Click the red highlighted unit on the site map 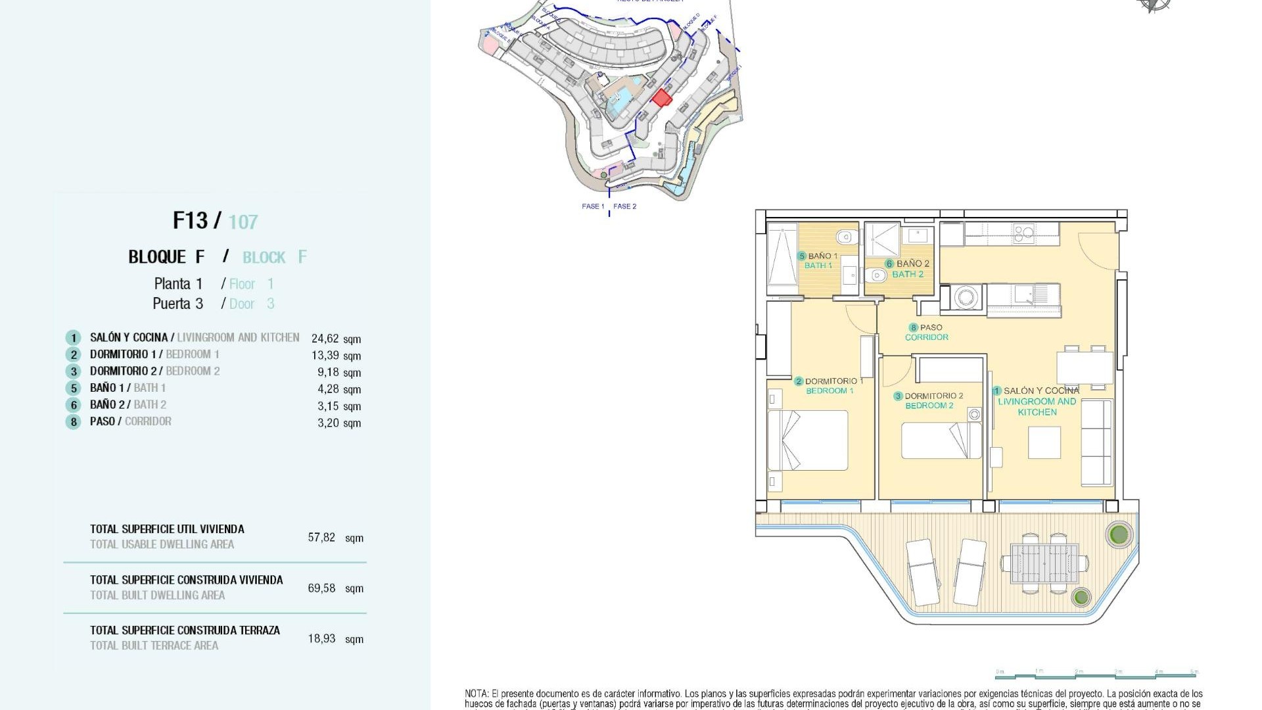click(661, 98)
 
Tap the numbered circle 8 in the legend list click(73, 422)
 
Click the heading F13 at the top click(190, 220)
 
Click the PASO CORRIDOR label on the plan click(927, 332)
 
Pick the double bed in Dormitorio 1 click(808, 440)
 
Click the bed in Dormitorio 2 click(941, 440)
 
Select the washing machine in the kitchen click(966, 297)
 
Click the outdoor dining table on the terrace click(1044, 563)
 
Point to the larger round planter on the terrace click(1119, 534)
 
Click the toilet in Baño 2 click(877, 275)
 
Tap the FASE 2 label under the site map click(624, 206)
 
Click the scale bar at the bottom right click(1096, 674)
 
